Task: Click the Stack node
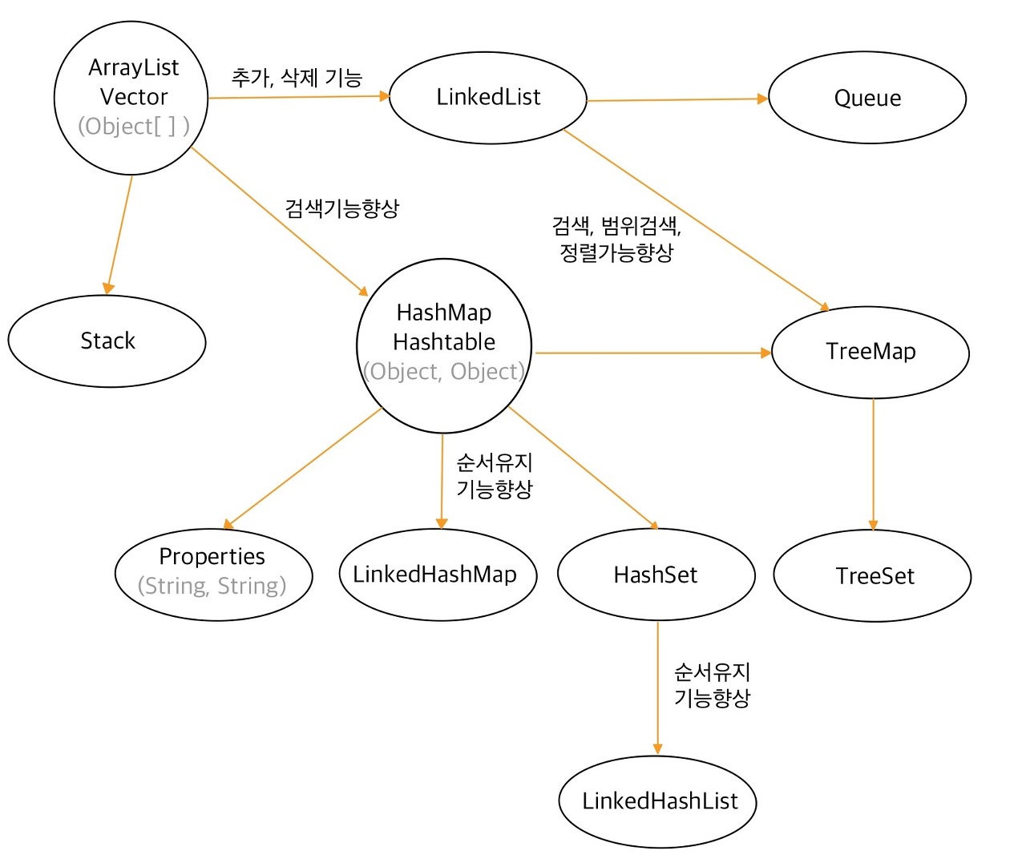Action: pos(107,341)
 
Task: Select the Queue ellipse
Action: pos(867,98)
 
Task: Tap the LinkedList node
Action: pos(488,97)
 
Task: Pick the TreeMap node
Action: pos(870,352)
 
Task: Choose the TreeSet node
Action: pos(873,575)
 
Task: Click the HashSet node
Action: pos(656,575)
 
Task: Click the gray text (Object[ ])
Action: pos(133,127)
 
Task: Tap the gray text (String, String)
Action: pos(212,586)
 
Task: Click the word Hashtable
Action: pos(444,342)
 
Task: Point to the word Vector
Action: pos(134,97)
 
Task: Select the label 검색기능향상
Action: pos(342,208)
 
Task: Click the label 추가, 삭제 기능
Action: pos(297,78)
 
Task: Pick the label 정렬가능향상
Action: pos(616,252)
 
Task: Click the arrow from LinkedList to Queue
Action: pos(677,99)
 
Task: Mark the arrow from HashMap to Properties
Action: pos(303,468)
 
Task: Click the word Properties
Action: pos(212,556)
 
